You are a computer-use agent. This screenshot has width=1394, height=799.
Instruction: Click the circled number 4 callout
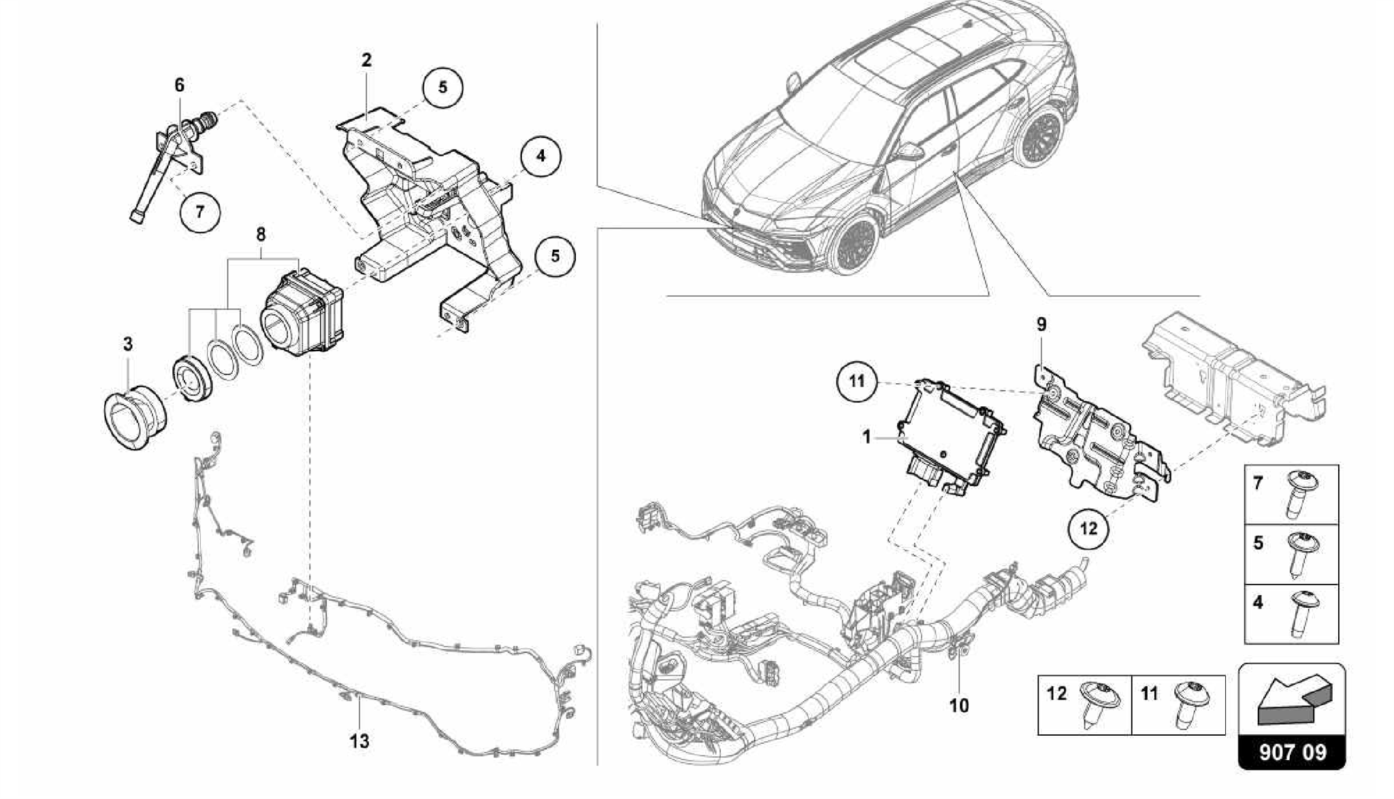(x=540, y=157)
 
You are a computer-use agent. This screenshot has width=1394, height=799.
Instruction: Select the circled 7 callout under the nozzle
(x=199, y=212)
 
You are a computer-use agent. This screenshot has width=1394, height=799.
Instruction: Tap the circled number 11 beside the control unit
(x=857, y=381)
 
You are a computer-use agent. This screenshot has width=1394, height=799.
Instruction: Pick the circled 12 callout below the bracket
(x=1088, y=527)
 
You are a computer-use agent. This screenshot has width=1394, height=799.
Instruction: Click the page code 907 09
(x=1292, y=752)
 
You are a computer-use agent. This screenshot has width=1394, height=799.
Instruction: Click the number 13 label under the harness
(x=359, y=740)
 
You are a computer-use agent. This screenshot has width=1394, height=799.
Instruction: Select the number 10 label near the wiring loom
(x=958, y=706)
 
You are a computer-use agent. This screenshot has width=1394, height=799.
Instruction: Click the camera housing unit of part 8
(x=304, y=310)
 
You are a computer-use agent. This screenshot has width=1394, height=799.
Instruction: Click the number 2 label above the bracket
(x=366, y=61)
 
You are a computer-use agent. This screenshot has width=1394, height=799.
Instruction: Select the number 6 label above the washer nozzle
(x=179, y=86)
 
